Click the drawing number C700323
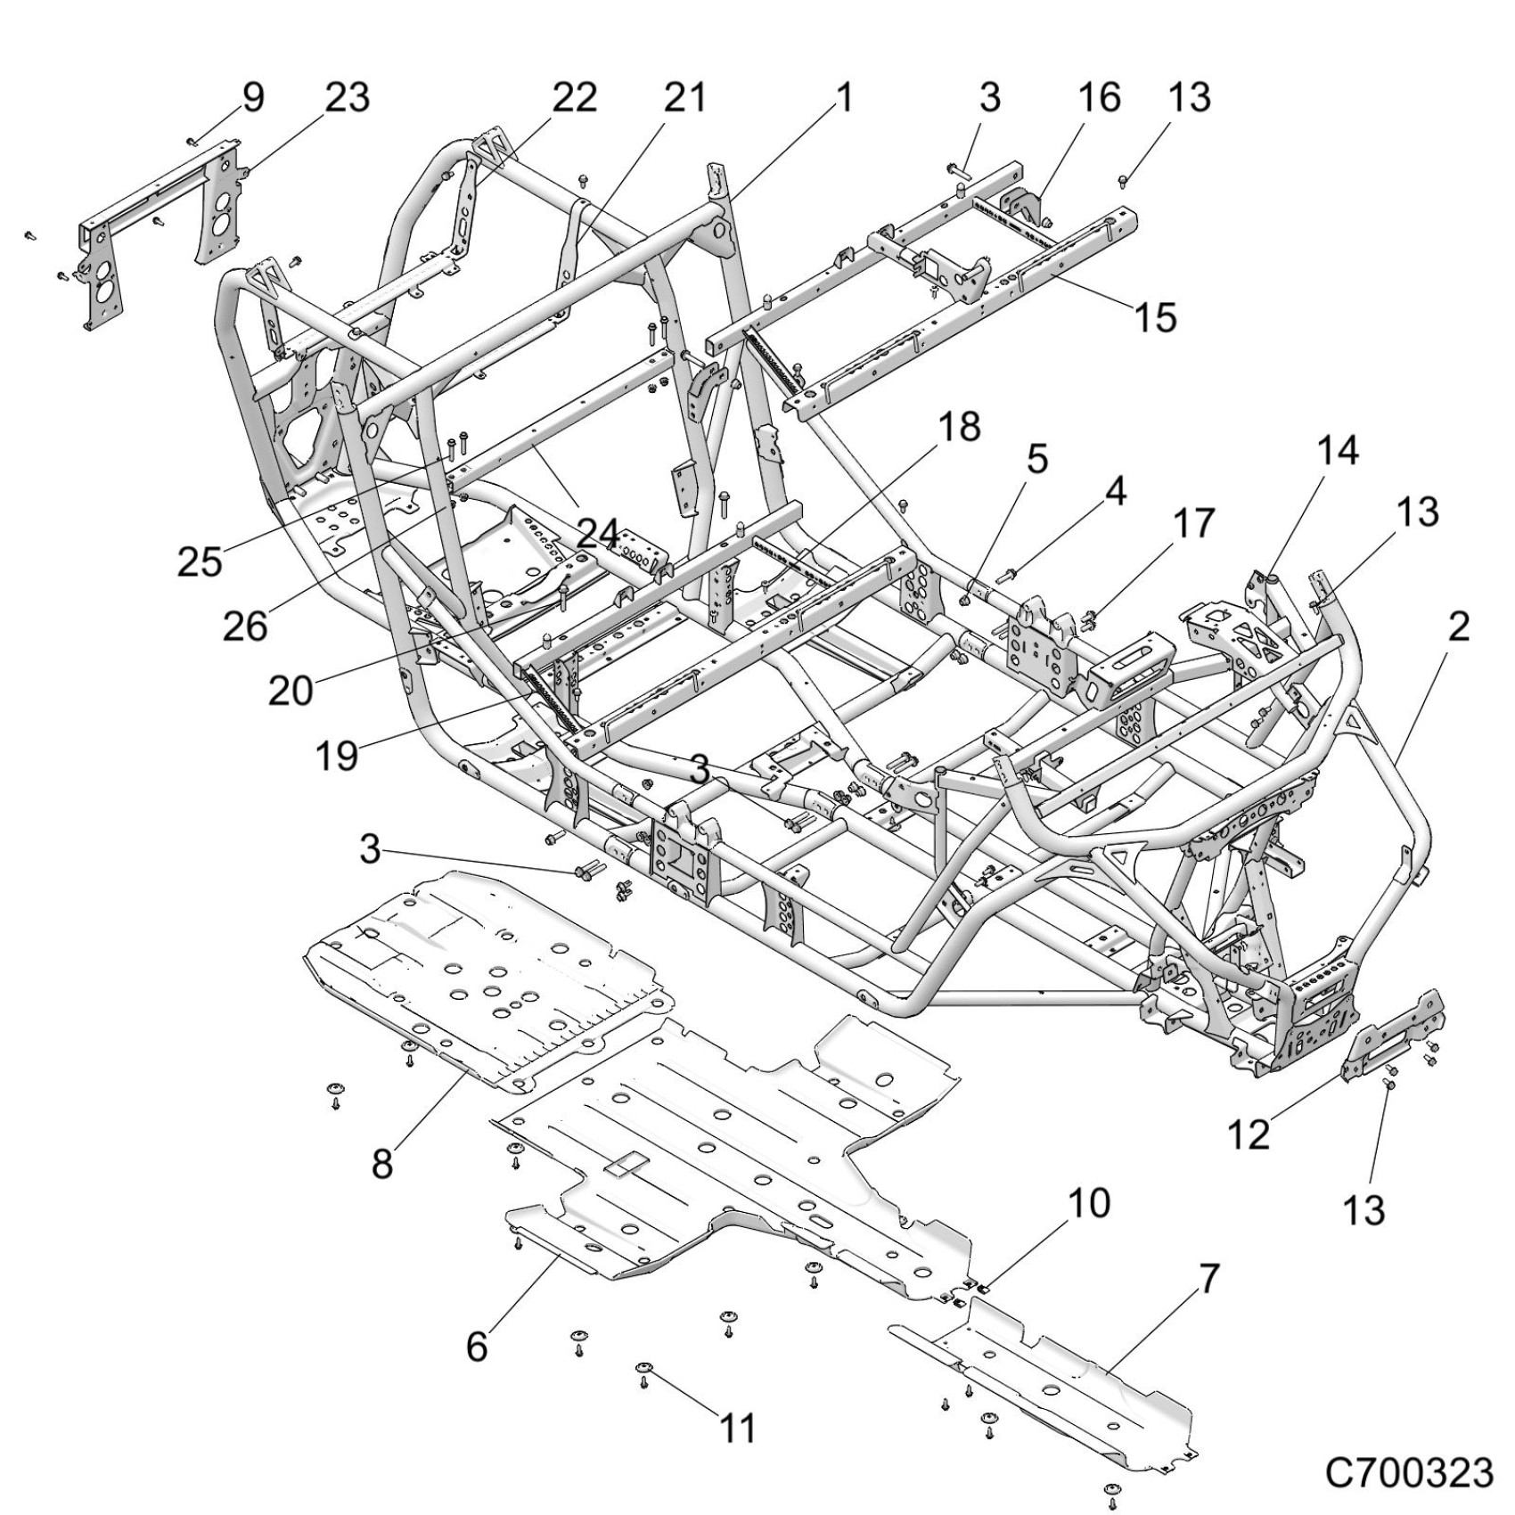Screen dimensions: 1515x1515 coord(1408,1473)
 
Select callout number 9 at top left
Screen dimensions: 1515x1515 coord(253,97)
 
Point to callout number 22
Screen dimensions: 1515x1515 coord(573,97)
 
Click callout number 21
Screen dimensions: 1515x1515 coord(685,97)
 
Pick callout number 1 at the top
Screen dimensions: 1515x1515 coord(843,97)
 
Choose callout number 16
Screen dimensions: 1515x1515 coord(1098,97)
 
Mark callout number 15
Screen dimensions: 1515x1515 coord(1156,317)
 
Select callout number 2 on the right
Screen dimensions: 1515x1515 coord(1458,627)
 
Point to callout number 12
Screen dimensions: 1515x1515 coord(1248,1134)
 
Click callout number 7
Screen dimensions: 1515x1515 coord(1208,1280)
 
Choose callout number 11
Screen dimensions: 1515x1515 coord(737,1428)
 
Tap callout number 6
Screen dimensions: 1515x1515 coord(478,1347)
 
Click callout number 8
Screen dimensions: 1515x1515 coord(382,1163)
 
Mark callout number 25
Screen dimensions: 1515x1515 coord(200,561)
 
